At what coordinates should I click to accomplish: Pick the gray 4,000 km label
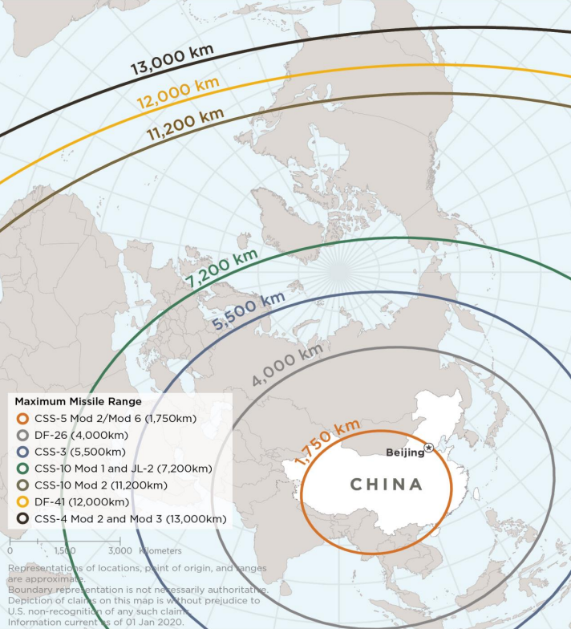click(x=287, y=365)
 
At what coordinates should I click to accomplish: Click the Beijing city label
click(x=404, y=452)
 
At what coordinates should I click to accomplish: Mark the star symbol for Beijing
click(x=429, y=448)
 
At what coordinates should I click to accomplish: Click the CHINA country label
click(x=386, y=484)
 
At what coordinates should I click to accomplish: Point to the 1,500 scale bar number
click(x=64, y=551)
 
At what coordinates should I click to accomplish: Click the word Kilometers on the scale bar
click(x=160, y=551)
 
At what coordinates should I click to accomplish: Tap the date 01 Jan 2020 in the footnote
click(x=161, y=620)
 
